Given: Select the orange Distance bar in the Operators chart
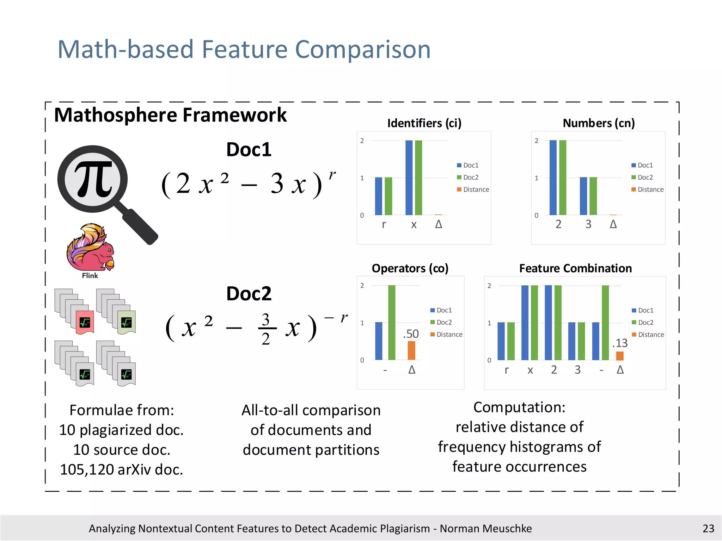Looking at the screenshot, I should coord(411,350).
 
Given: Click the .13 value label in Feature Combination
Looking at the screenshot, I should coord(620,343).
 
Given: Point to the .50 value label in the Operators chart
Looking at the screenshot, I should coord(411,334).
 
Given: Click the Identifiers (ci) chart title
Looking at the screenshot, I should coord(424,123).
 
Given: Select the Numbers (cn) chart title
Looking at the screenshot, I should coord(599,123).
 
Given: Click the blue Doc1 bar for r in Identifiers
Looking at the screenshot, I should coord(379,196).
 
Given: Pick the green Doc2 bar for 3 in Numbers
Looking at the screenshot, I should coord(593,196).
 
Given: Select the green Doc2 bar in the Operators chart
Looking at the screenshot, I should coord(392,323).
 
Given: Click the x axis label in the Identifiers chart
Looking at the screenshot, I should coord(414,224).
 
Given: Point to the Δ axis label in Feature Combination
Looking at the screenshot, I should coord(620,370).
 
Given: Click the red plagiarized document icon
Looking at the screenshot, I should coord(85,322).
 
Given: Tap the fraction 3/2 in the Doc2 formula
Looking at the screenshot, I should coord(266,329).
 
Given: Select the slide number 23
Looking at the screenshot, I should coord(708,528).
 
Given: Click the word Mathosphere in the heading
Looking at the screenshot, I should coord(116,115).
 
